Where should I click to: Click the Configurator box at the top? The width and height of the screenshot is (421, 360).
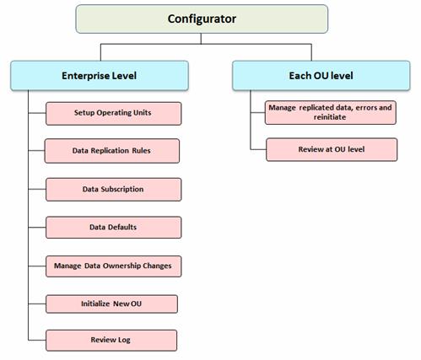click(x=202, y=19)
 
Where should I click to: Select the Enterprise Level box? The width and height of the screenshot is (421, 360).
click(x=100, y=76)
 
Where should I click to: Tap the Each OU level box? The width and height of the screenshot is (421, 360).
click(x=321, y=76)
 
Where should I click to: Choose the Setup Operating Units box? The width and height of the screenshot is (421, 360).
click(x=114, y=113)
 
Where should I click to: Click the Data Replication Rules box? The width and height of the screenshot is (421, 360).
click(x=112, y=151)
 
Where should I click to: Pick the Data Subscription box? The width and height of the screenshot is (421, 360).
click(x=114, y=190)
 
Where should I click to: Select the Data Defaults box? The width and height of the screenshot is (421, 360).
click(x=114, y=228)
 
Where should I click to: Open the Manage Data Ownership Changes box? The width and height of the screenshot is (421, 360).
click(x=114, y=266)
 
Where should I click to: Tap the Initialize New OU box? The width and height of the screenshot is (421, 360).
click(x=111, y=304)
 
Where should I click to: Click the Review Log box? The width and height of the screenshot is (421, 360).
click(x=111, y=341)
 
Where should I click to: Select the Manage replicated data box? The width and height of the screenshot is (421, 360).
click(x=331, y=112)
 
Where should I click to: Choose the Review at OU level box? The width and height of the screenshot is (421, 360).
click(x=332, y=149)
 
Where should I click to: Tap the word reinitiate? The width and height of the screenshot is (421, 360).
click(x=330, y=117)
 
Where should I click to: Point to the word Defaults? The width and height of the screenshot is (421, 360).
click(x=122, y=227)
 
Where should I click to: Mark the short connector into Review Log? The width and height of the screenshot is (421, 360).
click(x=37, y=341)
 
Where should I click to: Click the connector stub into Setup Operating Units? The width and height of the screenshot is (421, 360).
click(x=37, y=113)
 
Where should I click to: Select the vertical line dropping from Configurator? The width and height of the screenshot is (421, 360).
click(x=201, y=39)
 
